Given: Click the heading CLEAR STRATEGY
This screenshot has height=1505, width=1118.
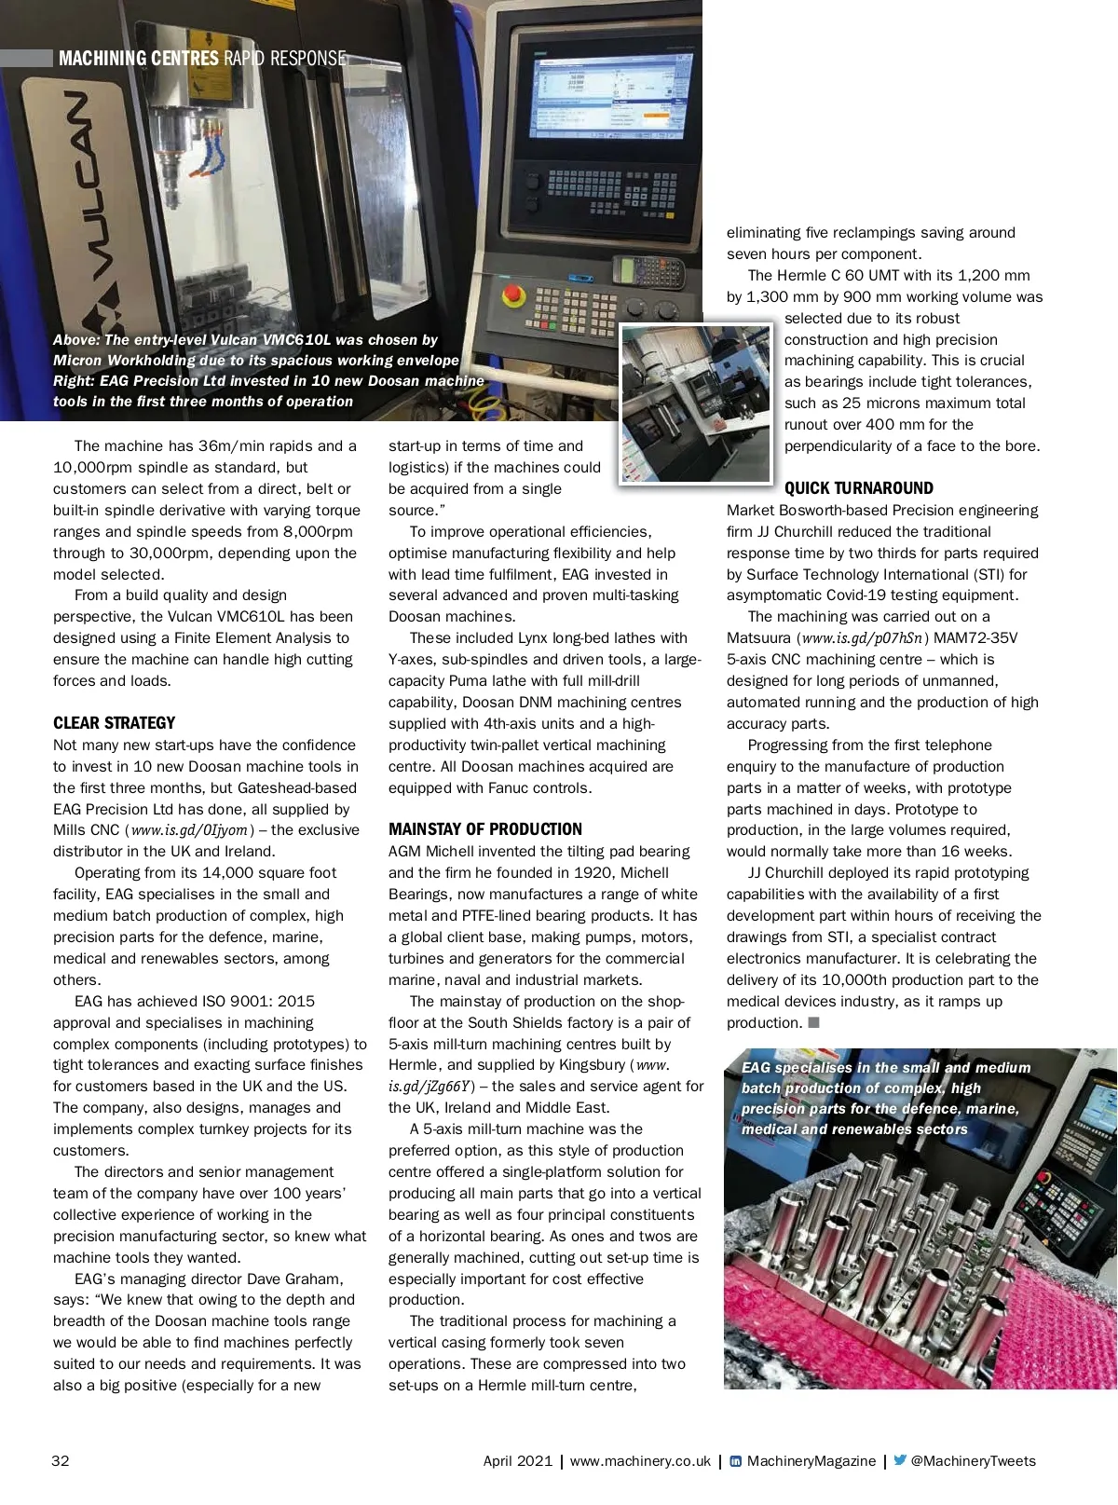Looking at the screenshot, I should [114, 723].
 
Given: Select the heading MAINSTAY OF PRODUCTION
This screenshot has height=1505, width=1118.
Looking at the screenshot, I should [484, 829].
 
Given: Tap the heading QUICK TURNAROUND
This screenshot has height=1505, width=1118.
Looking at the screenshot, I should [858, 488].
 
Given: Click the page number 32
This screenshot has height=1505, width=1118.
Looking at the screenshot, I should [61, 1460].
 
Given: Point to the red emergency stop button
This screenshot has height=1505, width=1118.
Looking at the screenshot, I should [511, 295].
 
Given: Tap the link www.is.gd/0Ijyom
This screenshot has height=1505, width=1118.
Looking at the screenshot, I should [189, 830].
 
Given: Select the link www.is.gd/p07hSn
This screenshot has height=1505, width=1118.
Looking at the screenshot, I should [862, 638].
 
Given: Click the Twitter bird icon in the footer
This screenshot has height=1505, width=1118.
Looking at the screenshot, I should [899, 1460].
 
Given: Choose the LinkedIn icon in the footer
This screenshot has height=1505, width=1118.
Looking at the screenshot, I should [735, 1461].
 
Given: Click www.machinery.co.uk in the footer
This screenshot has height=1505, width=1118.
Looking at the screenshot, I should [640, 1461].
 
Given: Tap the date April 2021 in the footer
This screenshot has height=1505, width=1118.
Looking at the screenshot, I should [517, 1461].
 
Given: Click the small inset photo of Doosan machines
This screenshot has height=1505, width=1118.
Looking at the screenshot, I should [696, 403].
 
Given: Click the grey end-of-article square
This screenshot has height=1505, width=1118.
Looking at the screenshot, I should [813, 1022].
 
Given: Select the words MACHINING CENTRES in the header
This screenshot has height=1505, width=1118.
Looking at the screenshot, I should [138, 59].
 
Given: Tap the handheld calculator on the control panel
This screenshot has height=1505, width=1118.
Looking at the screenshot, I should [648, 273].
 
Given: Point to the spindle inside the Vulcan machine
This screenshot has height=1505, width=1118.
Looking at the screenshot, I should [173, 158].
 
